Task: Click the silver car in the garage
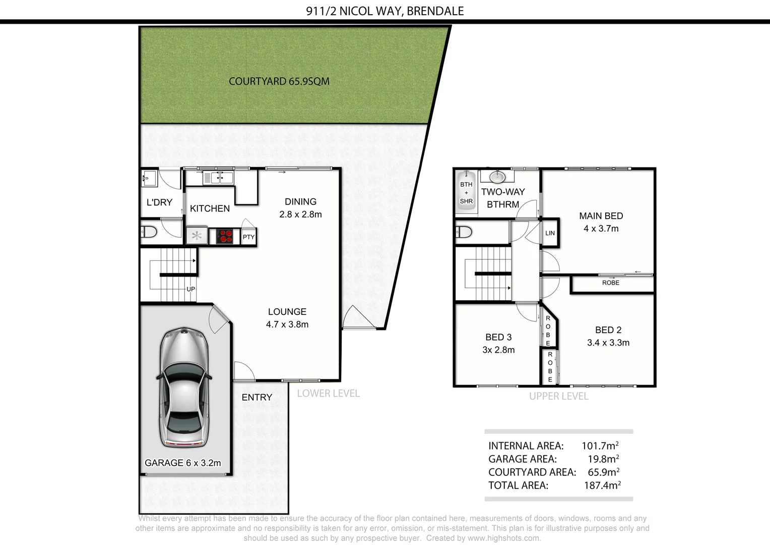pyautogui.click(x=184, y=387)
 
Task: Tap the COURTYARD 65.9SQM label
pyautogui.click(x=279, y=81)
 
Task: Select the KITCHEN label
pyautogui.click(x=210, y=208)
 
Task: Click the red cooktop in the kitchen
pyautogui.click(x=224, y=236)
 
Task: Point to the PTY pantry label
pyautogui.click(x=248, y=237)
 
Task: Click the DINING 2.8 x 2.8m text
pyautogui.click(x=300, y=208)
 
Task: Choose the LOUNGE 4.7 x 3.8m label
pyautogui.click(x=287, y=318)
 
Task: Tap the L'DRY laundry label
pyautogui.click(x=159, y=202)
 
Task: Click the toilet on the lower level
pyautogui.click(x=149, y=233)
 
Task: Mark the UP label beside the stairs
pyautogui.click(x=191, y=289)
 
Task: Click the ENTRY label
pyautogui.click(x=256, y=398)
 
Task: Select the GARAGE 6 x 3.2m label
pyautogui.click(x=182, y=463)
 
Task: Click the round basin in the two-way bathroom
pyautogui.click(x=497, y=177)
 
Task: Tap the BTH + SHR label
pyautogui.click(x=466, y=193)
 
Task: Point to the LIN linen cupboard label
pyautogui.click(x=550, y=233)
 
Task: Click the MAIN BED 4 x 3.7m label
pyautogui.click(x=601, y=222)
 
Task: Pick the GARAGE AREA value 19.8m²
pyautogui.click(x=603, y=459)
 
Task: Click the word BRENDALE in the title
pyautogui.click(x=435, y=11)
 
